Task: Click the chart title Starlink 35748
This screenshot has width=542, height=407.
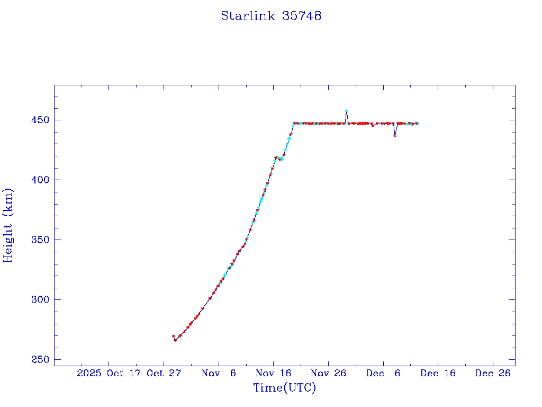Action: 271,16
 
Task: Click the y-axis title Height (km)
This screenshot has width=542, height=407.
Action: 8,225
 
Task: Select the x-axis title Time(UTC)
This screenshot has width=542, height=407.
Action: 285,388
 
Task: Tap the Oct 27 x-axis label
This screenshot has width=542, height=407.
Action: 164,374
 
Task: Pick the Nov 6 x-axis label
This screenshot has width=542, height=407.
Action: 219,374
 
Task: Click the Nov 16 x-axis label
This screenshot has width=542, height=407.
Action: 274,374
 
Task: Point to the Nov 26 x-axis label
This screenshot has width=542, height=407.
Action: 328,374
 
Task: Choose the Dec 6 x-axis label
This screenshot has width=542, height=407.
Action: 383,374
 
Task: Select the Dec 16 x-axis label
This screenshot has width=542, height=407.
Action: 438,374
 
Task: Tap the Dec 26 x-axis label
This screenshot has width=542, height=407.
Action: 493,374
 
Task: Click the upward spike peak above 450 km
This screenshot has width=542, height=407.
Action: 346,111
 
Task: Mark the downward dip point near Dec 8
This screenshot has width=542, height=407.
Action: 395,135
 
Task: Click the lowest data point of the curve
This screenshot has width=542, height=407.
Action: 175,340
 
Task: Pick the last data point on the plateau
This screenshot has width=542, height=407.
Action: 417,123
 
